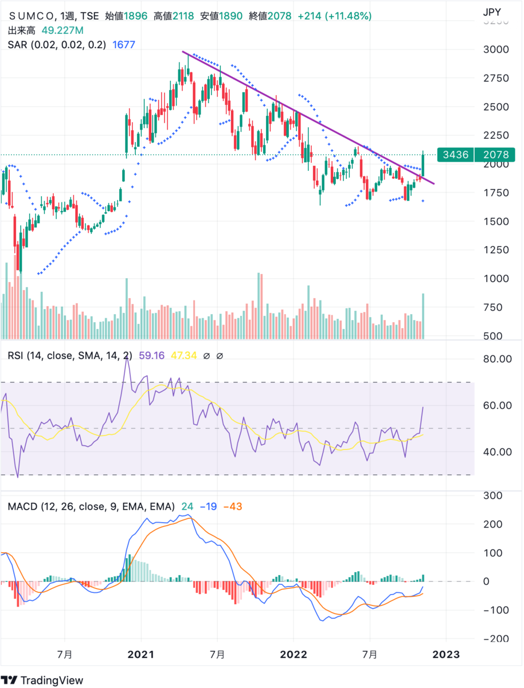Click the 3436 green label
456,155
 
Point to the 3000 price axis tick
496,49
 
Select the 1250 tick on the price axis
496,250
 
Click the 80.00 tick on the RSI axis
497,359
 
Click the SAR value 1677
124,45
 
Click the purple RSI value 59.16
152,355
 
